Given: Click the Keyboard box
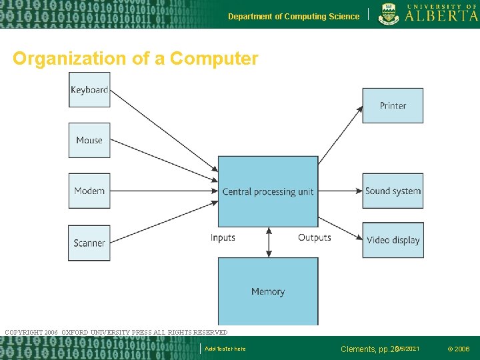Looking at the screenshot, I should click(89, 90).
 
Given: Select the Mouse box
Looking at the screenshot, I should click(89, 140).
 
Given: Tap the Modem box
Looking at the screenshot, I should click(89, 191).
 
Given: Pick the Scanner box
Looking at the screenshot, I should click(89, 243).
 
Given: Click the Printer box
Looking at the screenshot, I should click(393, 105).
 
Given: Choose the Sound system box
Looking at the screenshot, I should click(393, 191).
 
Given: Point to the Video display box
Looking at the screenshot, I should click(393, 240).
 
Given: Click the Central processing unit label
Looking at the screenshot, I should click(268, 192).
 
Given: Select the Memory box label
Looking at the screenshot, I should click(268, 291).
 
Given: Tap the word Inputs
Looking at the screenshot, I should click(223, 238).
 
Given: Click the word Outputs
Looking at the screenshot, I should click(315, 238).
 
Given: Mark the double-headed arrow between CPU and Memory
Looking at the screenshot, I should click(269, 242).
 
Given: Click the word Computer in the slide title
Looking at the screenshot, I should click(214, 59).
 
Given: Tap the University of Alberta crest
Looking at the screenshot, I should click(389, 13).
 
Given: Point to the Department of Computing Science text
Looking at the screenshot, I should click(293, 17).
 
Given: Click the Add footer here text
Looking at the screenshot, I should click(225, 349).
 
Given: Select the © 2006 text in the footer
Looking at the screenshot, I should click(458, 349).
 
